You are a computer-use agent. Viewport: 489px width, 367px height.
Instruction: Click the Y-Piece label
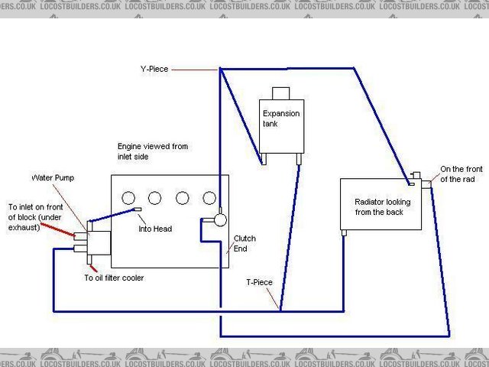[x=154, y=69]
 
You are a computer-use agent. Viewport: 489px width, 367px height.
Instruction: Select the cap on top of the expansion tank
[x=281, y=93]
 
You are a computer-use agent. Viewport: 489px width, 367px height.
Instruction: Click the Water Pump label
[x=53, y=178]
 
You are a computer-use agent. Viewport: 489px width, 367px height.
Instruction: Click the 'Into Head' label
[x=155, y=229]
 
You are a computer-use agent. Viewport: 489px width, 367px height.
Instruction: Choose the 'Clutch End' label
[x=244, y=243]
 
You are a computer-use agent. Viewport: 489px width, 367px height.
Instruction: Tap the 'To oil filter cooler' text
[x=114, y=278]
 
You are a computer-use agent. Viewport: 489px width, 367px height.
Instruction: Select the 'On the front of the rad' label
[x=459, y=174]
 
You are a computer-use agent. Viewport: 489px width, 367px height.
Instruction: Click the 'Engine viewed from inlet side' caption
[x=152, y=151]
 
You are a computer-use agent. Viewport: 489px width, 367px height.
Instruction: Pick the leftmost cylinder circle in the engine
[x=128, y=198]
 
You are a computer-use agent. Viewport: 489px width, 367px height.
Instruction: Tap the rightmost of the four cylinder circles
[x=209, y=198]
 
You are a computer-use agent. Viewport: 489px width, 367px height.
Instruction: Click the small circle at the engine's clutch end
[x=221, y=220]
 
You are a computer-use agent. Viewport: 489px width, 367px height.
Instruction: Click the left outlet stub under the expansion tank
[x=263, y=160]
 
